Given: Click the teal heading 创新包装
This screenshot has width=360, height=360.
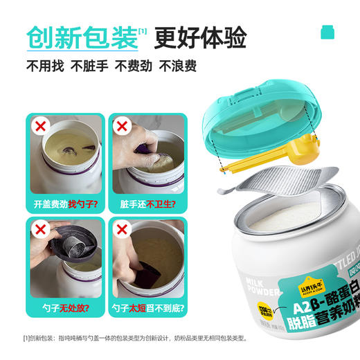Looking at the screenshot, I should (x=82, y=38).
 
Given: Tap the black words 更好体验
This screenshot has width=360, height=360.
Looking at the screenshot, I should (x=200, y=38).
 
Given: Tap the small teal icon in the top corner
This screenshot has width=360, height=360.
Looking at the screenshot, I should (x=326, y=32).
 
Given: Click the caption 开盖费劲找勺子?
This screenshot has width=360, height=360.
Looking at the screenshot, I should (x=66, y=205).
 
